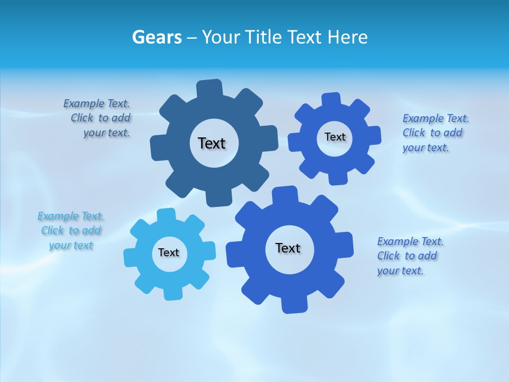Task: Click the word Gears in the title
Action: coord(156,38)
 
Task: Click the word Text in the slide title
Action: coord(305,38)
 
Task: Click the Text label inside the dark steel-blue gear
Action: coord(212,143)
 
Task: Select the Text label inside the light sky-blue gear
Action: coord(169,253)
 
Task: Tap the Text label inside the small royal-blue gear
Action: coord(335,137)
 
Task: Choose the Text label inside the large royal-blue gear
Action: coord(288,248)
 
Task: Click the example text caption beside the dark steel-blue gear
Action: coord(98,118)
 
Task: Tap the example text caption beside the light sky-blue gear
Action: coord(71,231)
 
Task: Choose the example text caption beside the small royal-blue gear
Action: coord(435,133)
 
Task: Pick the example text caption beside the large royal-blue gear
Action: coord(409,256)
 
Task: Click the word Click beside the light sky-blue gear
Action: coord(52,231)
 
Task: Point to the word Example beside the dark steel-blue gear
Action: coord(84,103)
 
